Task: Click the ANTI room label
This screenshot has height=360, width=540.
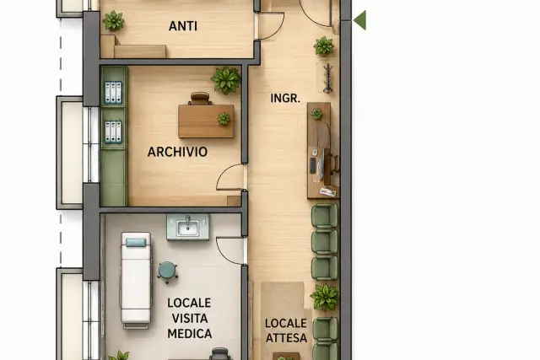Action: pyautogui.click(x=183, y=26)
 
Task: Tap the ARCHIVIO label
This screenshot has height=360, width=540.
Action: pyautogui.click(x=177, y=152)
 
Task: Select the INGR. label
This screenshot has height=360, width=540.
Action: pyautogui.click(x=285, y=98)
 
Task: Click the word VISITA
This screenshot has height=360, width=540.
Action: pyautogui.click(x=189, y=319)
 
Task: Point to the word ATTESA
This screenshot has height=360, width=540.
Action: pyautogui.click(x=286, y=338)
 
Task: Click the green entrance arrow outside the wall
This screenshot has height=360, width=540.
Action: pyautogui.click(x=360, y=20)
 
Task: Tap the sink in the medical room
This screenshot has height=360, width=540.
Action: pyautogui.click(x=187, y=227)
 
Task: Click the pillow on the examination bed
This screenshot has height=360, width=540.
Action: pyautogui.click(x=136, y=242)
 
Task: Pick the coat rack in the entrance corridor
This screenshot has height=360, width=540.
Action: pyautogui.click(x=328, y=78)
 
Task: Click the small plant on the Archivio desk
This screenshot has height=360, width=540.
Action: pyautogui.click(x=224, y=119)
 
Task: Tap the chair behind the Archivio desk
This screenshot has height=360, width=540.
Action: pyautogui.click(x=200, y=98)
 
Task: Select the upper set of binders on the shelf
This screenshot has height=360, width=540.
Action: pyautogui.click(x=113, y=93)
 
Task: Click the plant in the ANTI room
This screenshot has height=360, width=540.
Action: pyautogui.click(x=113, y=20)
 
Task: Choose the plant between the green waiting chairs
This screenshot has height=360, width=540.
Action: pyautogui.click(x=324, y=297)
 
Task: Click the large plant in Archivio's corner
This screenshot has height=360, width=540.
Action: pyautogui.click(x=226, y=80)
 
